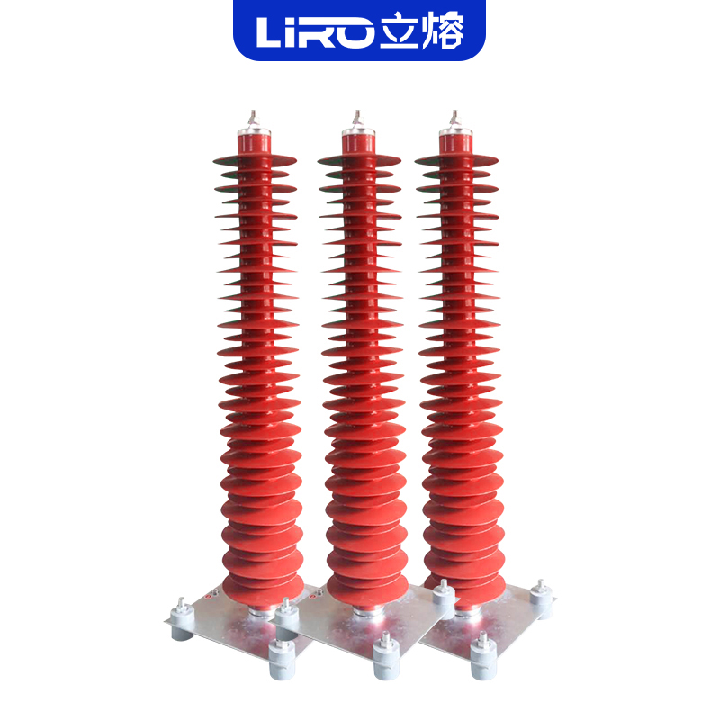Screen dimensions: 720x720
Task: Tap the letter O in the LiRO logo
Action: click(352, 32)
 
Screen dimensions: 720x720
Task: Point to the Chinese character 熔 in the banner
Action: click(443, 31)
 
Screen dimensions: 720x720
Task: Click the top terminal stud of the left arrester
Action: click(253, 119)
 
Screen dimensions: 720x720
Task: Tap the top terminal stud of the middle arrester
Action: click(357, 119)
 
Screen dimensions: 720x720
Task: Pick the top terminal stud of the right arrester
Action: click(454, 119)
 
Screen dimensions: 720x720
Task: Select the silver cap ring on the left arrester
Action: click(254, 132)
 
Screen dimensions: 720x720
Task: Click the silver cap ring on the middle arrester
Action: click(358, 132)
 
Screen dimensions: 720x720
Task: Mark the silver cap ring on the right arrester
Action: click(455, 132)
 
